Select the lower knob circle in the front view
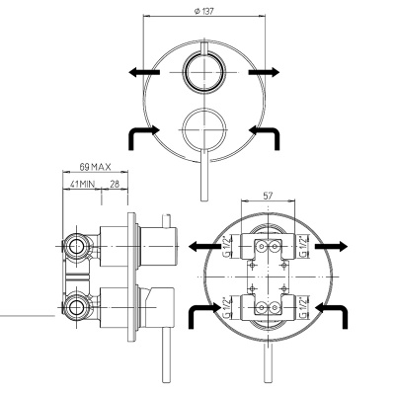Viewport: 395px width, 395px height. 203,129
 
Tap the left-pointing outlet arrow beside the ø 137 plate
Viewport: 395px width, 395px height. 142,71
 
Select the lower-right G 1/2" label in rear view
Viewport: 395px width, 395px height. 304,308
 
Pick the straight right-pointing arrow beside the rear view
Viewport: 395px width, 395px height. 334,248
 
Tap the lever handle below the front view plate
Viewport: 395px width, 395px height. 203,178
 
